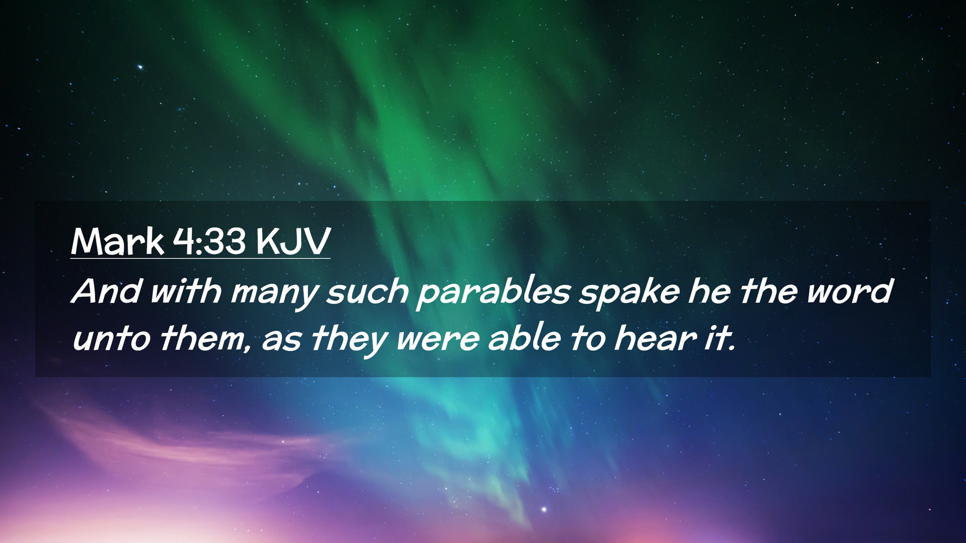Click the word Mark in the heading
click(x=118, y=242)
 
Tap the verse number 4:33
click(x=209, y=242)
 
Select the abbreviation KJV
click(x=292, y=242)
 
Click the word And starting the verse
click(x=106, y=291)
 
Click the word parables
click(x=493, y=293)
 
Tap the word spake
click(x=628, y=293)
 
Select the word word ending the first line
click(x=850, y=291)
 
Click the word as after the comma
click(x=281, y=341)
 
